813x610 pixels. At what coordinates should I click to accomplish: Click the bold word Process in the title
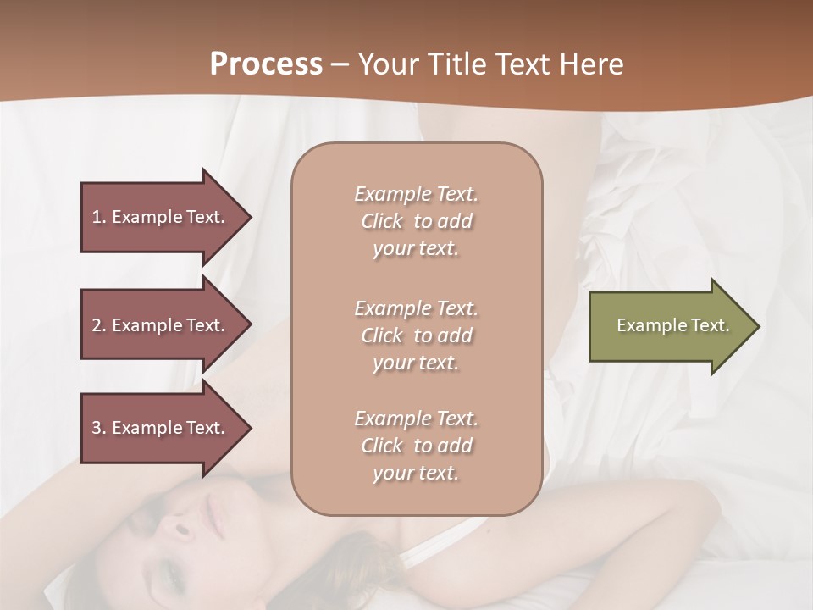(x=266, y=64)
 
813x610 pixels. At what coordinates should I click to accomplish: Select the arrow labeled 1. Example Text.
(x=161, y=217)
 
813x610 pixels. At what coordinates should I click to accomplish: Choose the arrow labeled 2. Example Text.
(x=161, y=325)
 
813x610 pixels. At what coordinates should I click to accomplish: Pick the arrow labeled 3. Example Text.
(x=161, y=428)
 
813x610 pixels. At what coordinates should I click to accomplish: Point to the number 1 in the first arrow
(x=97, y=217)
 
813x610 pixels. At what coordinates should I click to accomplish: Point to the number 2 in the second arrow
(x=97, y=325)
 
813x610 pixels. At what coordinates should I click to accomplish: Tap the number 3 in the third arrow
(x=97, y=428)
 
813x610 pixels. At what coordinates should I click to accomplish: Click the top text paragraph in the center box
(x=416, y=221)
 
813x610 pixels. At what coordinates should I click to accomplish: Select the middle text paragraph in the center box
(x=416, y=335)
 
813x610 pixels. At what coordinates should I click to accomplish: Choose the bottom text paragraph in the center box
(x=416, y=446)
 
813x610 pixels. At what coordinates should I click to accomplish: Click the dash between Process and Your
(x=340, y=65)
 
